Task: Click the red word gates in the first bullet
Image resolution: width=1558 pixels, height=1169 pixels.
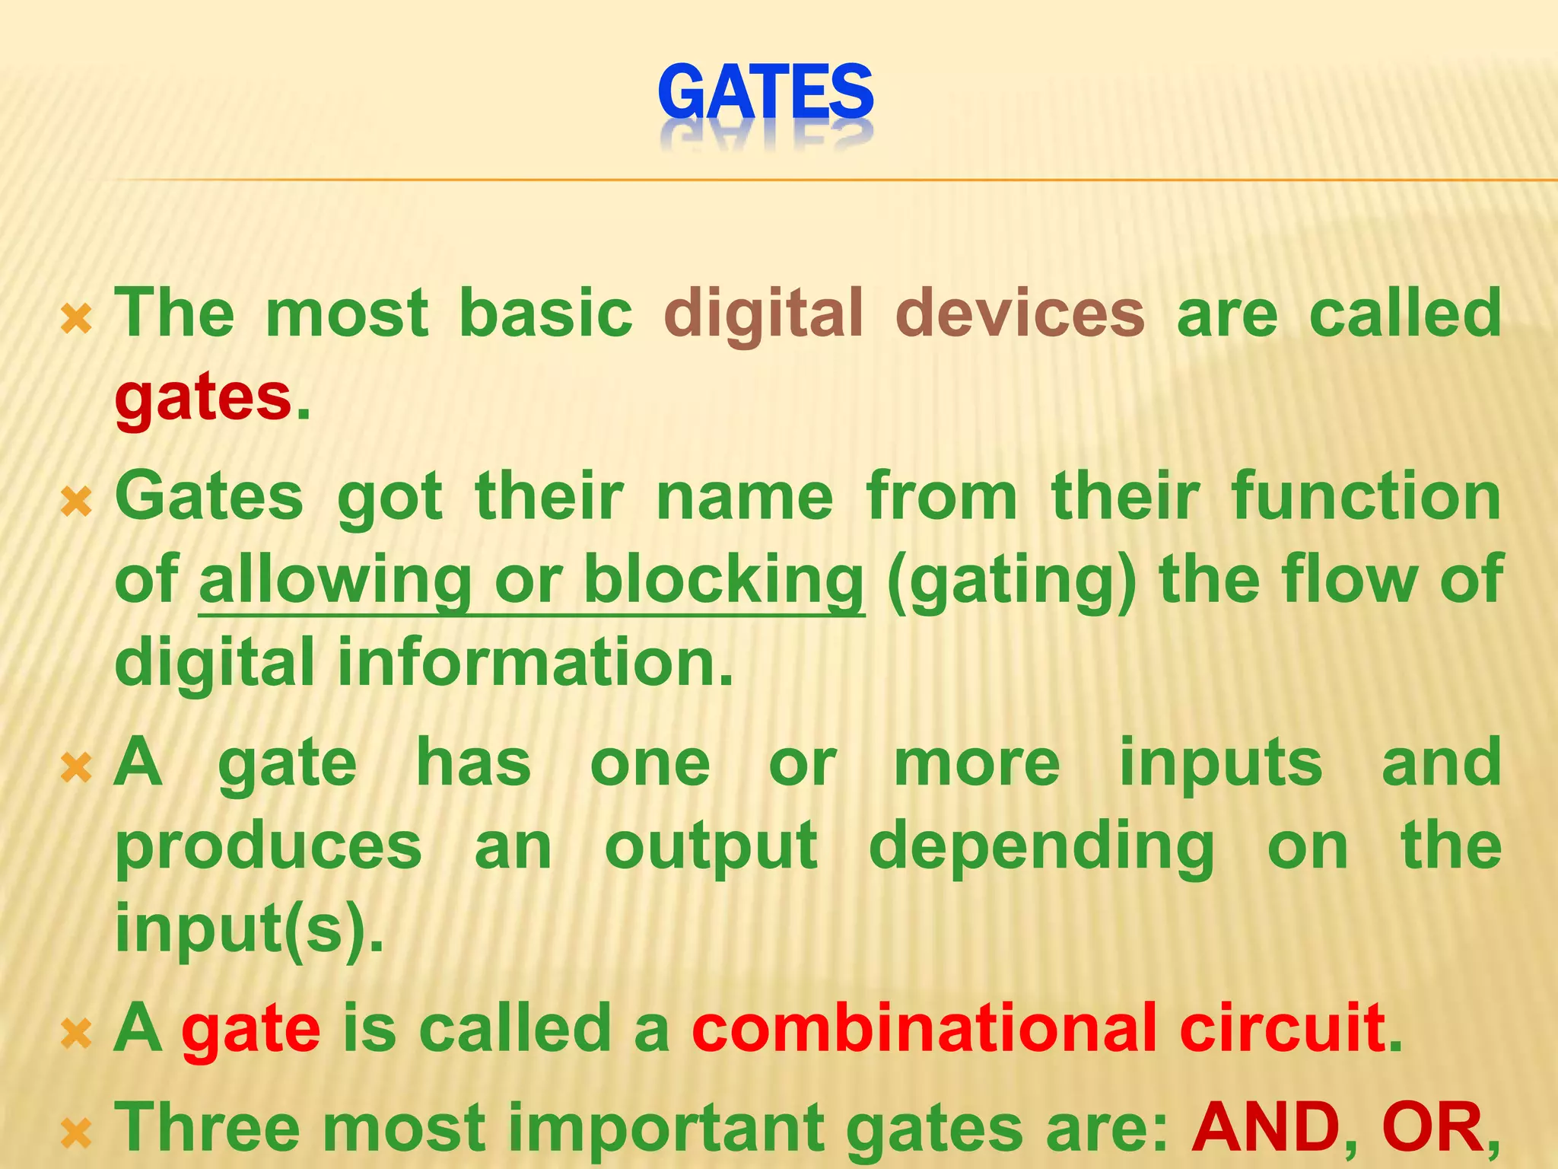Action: tap(203, 398)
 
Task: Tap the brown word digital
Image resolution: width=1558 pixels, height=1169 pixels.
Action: tap(763, 314)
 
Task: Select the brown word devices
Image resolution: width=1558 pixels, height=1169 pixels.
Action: tap(1019, 314)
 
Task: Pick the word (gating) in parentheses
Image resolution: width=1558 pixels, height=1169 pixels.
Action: tap(1011, 581)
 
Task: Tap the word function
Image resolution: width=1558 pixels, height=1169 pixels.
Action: tap(1366, 496)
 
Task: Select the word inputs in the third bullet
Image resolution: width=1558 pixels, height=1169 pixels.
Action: tap(1220, 764)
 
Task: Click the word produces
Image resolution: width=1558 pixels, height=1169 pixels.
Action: tap(268, 846)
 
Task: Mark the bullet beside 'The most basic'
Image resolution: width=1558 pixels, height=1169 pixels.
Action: tap(76, 320)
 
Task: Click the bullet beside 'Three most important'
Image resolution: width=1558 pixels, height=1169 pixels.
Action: tap(76, 1134)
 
